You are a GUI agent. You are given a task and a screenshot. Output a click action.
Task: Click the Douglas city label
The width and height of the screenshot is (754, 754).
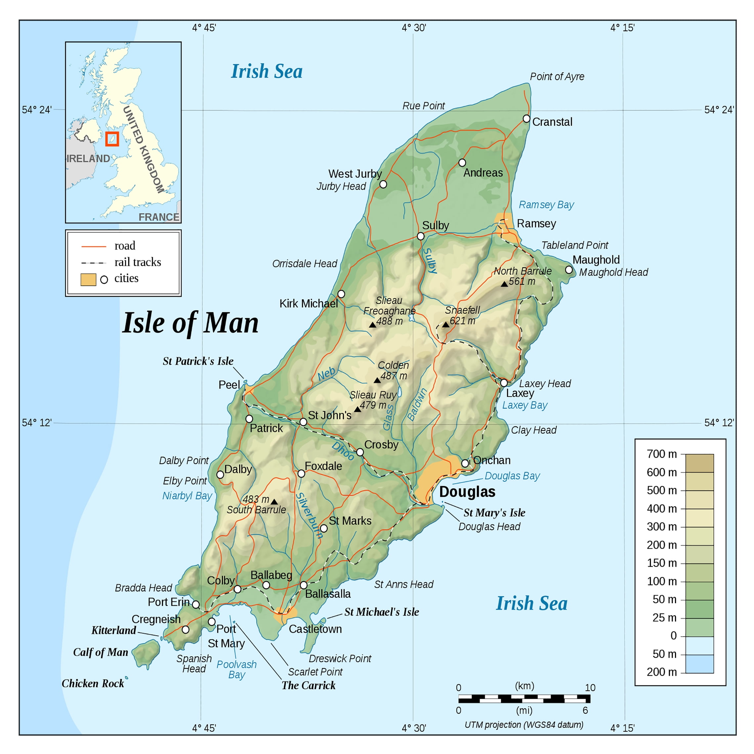point(467,492)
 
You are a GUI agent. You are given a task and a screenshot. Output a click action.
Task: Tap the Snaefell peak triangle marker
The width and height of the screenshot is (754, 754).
point(446,325)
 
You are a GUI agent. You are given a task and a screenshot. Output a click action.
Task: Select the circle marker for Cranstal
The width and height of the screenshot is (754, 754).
point(526,119)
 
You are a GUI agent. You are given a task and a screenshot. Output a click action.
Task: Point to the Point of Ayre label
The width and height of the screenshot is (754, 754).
point(557,76)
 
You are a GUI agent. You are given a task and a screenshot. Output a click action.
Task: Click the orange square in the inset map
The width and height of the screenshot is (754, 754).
point(112,139)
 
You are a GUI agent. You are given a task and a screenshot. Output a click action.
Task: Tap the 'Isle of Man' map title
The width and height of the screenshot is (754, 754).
point(190,323)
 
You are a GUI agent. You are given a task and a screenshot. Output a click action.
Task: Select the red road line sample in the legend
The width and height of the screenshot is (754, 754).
point(94,247)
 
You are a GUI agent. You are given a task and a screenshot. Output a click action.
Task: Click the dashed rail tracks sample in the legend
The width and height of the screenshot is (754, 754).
point(94,263)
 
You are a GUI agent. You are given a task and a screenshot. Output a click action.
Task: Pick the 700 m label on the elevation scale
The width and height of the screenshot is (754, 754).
point(661,454)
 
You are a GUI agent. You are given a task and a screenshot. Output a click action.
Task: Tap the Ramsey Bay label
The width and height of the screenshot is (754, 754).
point(546,205)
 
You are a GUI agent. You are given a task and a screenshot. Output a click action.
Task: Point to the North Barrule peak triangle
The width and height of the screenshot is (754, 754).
point(504,284)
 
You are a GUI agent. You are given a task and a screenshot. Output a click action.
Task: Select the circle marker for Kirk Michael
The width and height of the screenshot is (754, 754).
point(341,294)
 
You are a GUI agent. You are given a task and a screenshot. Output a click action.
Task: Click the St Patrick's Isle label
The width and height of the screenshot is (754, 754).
point(198,361)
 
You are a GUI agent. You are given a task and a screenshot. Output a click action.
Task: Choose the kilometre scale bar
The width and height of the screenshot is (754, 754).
point(524,698)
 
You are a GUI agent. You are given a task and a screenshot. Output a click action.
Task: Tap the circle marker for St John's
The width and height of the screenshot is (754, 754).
point(303,422)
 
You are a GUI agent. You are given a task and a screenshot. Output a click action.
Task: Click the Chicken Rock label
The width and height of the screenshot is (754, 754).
point(93,683)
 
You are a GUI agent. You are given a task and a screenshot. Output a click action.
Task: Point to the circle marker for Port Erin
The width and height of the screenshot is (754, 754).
point(196,605)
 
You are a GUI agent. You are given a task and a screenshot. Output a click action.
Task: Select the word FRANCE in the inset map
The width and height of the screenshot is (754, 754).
point(158,217)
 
